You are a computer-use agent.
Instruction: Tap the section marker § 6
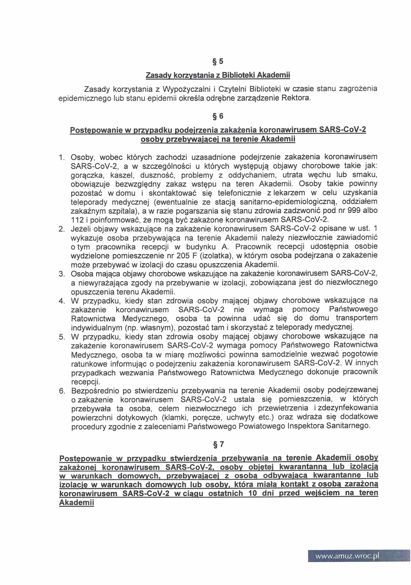tap(218, 116)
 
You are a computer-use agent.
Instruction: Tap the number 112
tap(77, 220)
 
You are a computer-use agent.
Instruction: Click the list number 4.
tap(61, 301)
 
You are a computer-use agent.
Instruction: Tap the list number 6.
tap(61, 391)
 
